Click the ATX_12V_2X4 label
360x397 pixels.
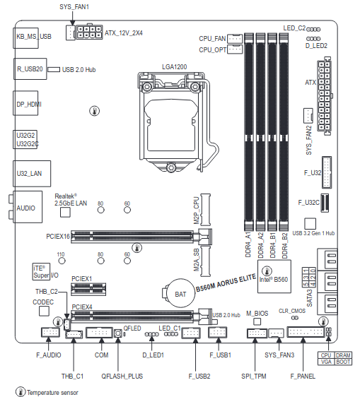tap(124, 33)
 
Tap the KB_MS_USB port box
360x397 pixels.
tap(33, 36)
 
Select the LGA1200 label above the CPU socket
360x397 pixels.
tap(174, 66)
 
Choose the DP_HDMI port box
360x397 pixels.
tap(29, 105)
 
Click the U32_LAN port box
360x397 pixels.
tap(29, 172)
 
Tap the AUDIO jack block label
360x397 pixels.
tap(26, 208)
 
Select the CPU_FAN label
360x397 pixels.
tap(212, 38)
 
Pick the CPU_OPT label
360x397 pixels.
tap(212, 50)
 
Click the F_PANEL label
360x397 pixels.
tap(302, 356)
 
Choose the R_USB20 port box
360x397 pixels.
tap(30, 70)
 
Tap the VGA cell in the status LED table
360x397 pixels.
tap(325, 361)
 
